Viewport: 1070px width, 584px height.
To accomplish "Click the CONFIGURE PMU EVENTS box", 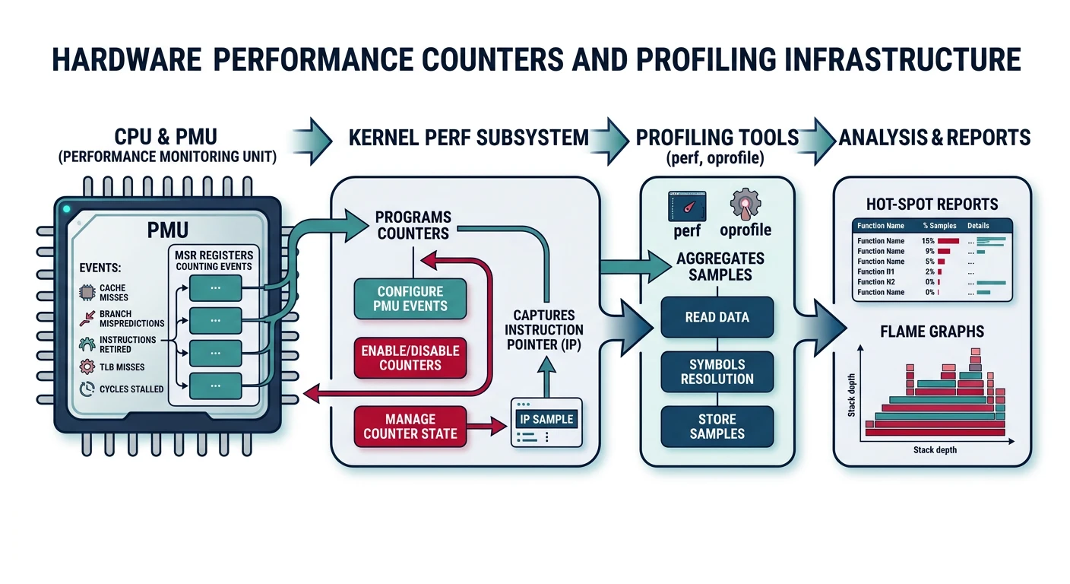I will [410, 298].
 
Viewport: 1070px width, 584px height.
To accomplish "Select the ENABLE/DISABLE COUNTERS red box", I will [410, 357].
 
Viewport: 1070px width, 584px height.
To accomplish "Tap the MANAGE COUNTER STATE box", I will [410, 427].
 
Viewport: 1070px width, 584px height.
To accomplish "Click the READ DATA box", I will [717, 317].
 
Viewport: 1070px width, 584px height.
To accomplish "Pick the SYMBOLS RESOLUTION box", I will [717, 372].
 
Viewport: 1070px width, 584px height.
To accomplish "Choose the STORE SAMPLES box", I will [717, 427].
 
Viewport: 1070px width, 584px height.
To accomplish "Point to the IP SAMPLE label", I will [546, 419].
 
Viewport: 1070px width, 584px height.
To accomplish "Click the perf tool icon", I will [687, 206].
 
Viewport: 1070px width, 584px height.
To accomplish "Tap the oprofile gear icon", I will [745, 205].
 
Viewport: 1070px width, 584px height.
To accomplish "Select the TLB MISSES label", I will [122, 367].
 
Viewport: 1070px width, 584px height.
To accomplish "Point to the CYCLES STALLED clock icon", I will [87, 389].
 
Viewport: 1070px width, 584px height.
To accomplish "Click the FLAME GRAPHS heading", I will [932, 331].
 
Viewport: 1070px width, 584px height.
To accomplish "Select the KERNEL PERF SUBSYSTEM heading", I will [468, 138].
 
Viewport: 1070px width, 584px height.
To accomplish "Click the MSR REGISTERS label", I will [214, 255].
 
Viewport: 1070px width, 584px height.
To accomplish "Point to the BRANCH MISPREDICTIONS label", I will [126, 318].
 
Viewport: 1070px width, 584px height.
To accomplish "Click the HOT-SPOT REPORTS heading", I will [932, 204].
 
